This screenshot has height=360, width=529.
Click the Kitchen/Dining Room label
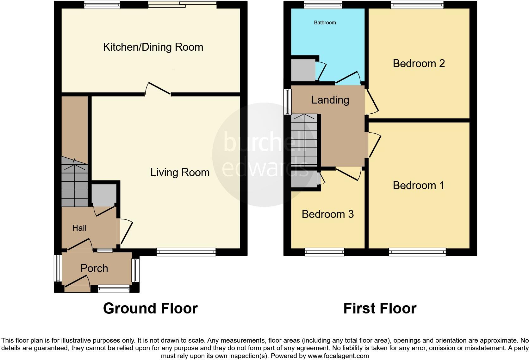pos(153,47)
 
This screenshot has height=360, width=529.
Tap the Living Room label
pos(180,173)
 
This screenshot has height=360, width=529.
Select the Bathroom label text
pos(325,22)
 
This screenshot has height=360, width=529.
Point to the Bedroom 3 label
pos(327,214)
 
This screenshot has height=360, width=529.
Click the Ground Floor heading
pos(150,308)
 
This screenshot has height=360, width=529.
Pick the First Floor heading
pos(380,308)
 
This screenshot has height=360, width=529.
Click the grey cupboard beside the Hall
pos(103,194)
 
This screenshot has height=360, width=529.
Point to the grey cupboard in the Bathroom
pos(303,69)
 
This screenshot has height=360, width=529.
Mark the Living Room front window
pos(186,252)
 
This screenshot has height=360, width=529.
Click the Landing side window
pos(287,102)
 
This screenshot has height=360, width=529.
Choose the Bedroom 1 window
pos(417,252)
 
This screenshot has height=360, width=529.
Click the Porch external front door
pos(77,284)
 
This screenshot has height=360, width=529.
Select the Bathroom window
pos(323,4)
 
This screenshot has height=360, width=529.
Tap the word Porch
pos(94,268)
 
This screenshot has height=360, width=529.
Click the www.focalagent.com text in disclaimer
pos(338,356)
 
